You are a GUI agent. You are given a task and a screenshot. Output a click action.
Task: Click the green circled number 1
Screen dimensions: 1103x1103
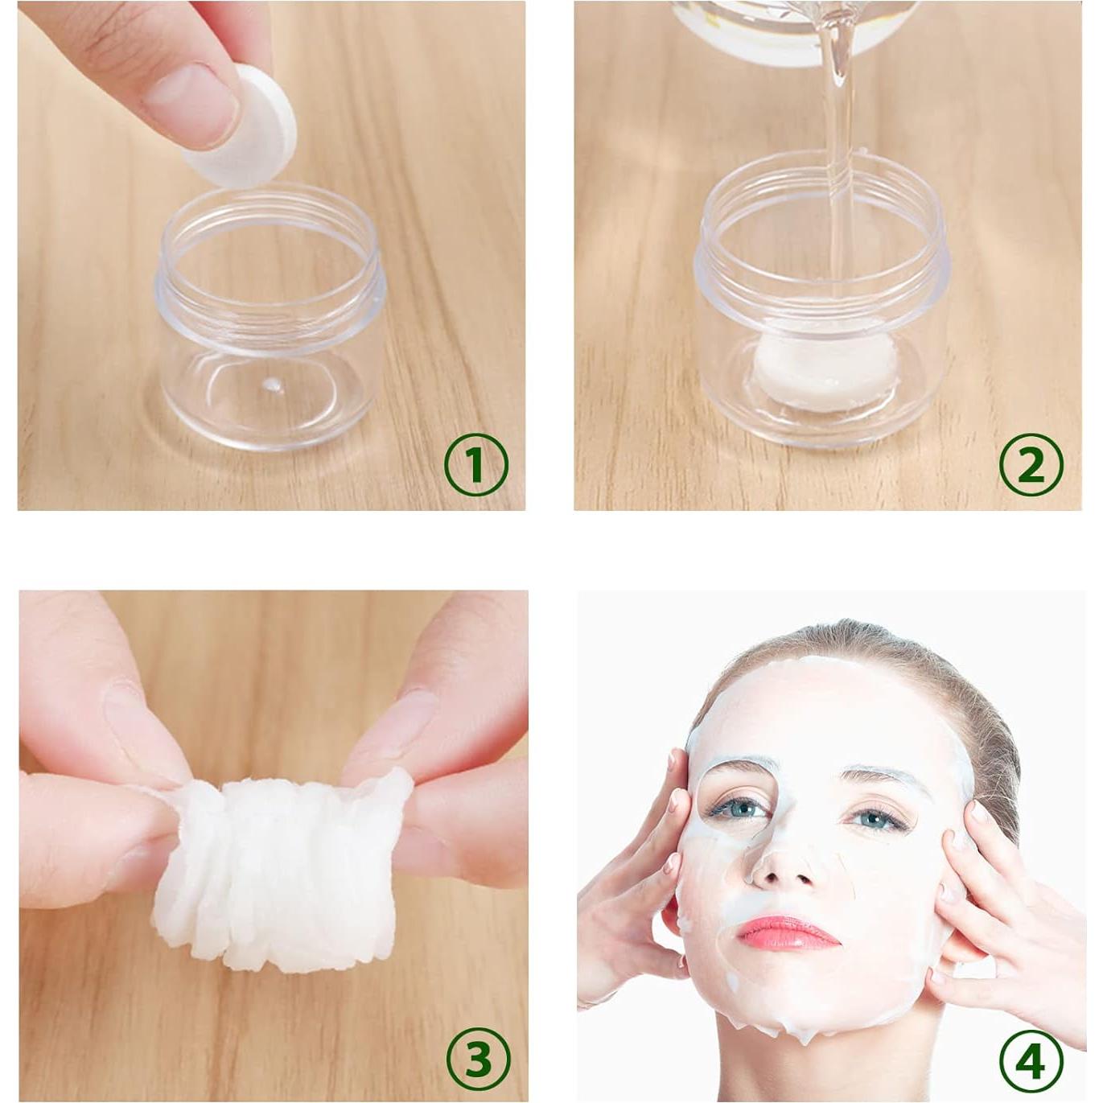pos(475,464)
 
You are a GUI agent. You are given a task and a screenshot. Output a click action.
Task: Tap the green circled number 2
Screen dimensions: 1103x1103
pos(1031,464)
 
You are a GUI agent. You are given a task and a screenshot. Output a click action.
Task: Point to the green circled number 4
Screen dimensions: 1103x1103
pos(1031,1061)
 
